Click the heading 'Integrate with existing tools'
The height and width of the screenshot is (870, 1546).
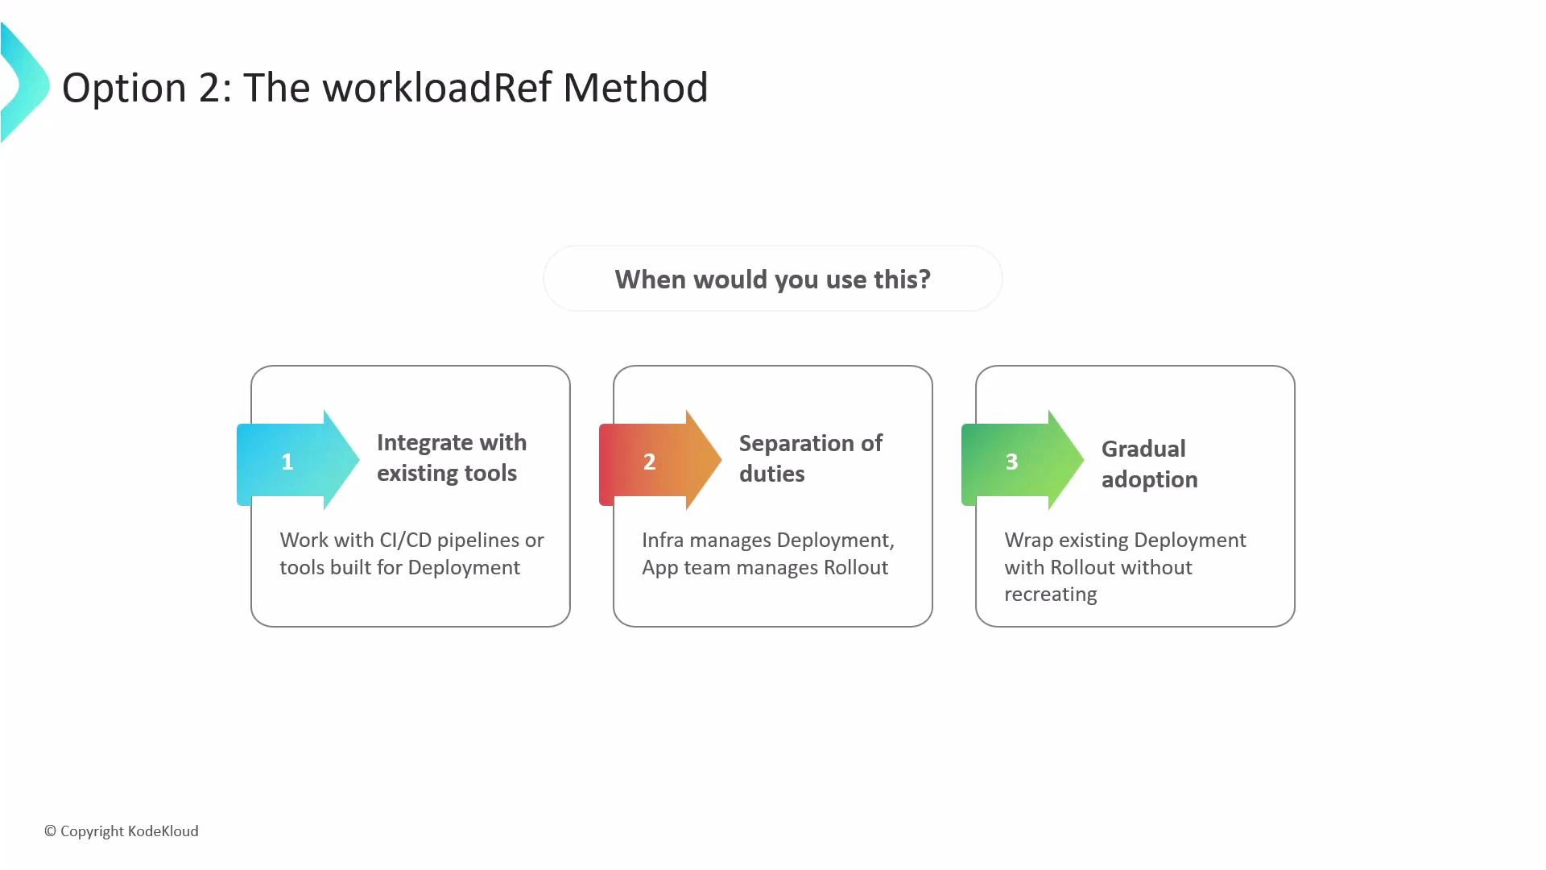(451, 458)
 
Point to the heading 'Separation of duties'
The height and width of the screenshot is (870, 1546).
(810, 458)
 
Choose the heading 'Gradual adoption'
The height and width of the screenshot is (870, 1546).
(1148, 464)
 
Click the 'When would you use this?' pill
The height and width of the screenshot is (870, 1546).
(772, 280)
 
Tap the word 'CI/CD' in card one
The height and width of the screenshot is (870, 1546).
(405, 541)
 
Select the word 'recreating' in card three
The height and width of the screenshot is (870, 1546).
(1050, 595)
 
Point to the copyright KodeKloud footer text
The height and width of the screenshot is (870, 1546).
(121, 831)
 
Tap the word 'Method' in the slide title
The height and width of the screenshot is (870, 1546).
(635, 88)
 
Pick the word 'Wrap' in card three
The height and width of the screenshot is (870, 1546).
(1028, 541)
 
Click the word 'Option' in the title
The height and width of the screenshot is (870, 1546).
(124, 88)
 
